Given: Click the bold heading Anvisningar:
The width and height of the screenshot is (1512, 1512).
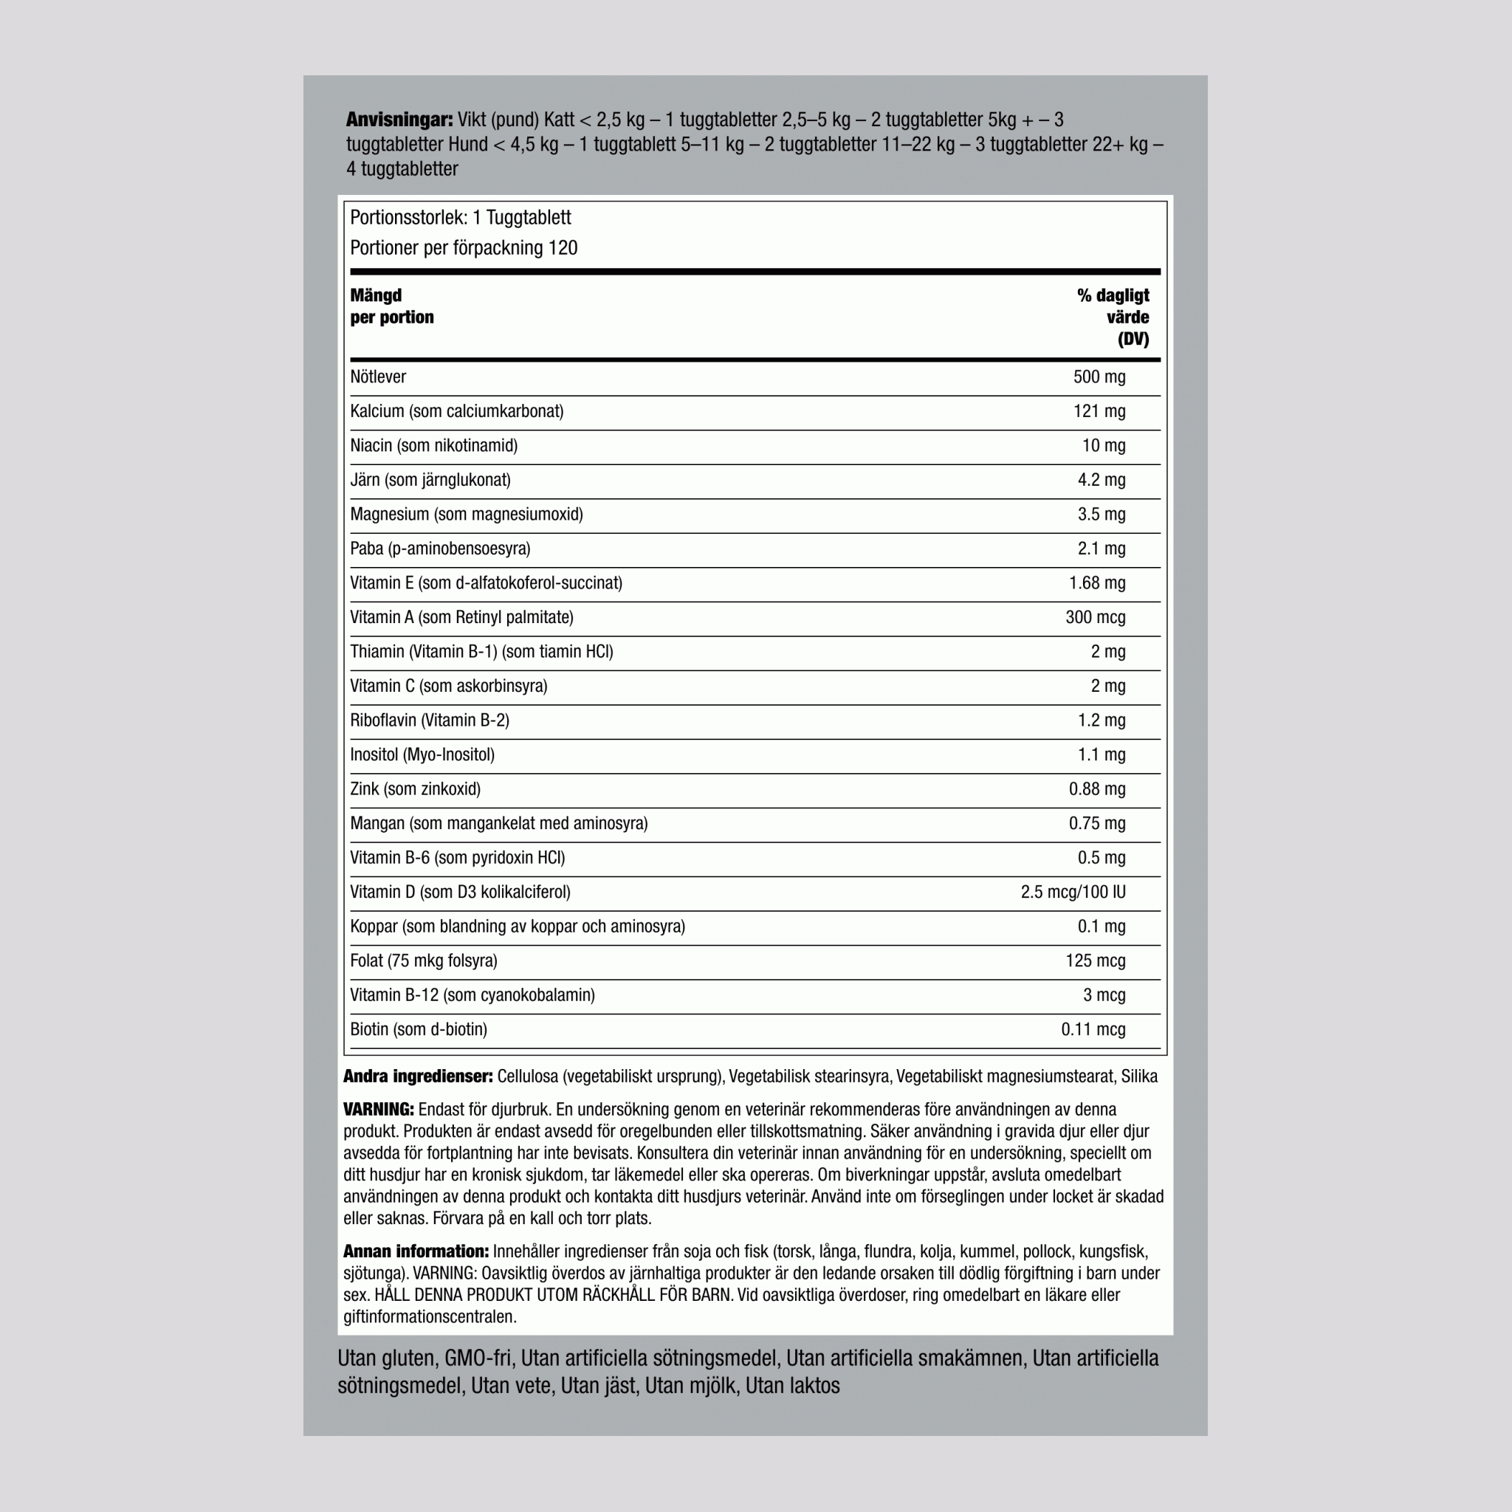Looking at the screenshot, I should click(399, 120).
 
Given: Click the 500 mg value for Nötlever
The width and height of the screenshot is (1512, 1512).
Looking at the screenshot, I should click(1099, 377).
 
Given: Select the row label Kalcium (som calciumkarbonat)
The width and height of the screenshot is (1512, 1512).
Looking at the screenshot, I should click(456, 412).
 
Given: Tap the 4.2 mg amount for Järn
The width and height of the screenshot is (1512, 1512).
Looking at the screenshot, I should click(1101, 481).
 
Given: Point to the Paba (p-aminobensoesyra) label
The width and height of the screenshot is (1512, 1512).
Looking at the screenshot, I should click(440, 549).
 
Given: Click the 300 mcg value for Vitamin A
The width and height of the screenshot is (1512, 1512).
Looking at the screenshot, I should click(1095, 617).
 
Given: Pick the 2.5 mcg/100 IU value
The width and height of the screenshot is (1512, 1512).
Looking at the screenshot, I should click(1072, 892).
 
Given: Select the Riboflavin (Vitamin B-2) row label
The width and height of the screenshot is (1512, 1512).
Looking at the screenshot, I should click(430, 721).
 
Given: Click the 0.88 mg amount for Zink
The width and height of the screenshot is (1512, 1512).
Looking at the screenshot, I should click(1096, 790).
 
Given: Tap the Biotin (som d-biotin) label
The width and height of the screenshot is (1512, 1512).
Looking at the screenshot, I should click(418, 1030).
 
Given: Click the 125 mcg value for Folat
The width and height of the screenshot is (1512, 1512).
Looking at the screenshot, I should click(1095, 961).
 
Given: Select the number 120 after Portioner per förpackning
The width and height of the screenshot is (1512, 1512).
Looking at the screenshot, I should click(563, 249).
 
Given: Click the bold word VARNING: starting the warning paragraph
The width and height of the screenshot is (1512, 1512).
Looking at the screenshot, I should click(378, 1110).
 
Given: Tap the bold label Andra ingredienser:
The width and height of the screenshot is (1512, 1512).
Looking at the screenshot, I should click(418, 1077).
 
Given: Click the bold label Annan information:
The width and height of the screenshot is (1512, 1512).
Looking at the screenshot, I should click(416, 1252).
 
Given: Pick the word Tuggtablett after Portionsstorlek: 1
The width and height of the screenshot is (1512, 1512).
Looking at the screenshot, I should click(529, 219).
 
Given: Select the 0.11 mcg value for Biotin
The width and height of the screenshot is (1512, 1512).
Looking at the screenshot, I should click(1093, 1030).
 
